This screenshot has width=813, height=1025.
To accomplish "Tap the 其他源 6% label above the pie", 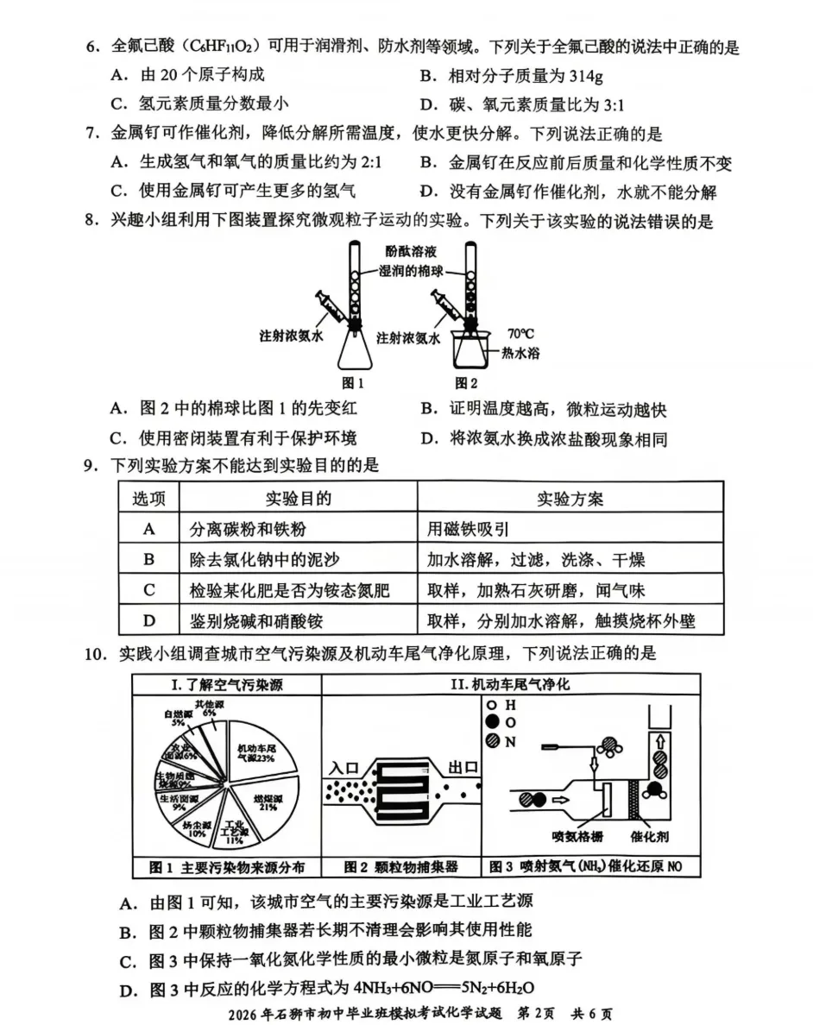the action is (x=205, y=708).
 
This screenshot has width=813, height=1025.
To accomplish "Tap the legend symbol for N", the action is (x=491, y=739).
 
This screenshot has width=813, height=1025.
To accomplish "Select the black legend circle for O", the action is (x=491, y=721).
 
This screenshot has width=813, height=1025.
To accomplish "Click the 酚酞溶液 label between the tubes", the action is (x=411, y=252).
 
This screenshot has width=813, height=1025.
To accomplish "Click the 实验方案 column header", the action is (x=570, y=498).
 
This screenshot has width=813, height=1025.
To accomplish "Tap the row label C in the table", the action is (x=148, y=589).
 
